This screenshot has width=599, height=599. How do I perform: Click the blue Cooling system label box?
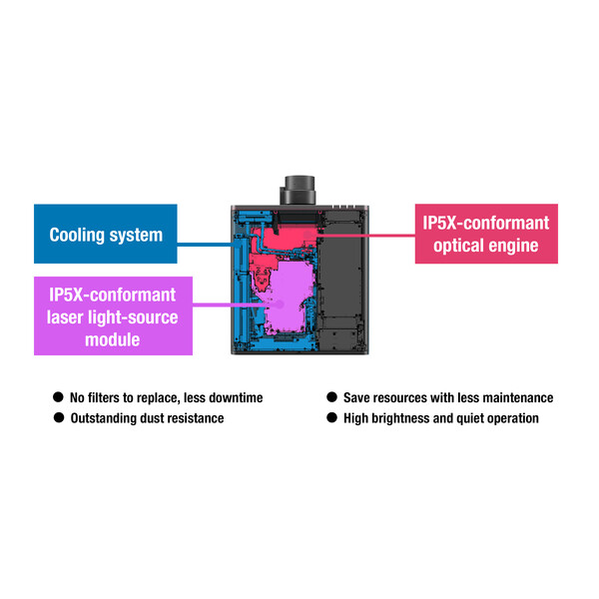coord(105,235)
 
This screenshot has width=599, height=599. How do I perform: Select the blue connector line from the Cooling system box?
coord(205,241)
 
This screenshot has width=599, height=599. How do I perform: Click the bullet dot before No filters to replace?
coord(59,397)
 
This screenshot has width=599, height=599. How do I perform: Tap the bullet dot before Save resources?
coord(332,397)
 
